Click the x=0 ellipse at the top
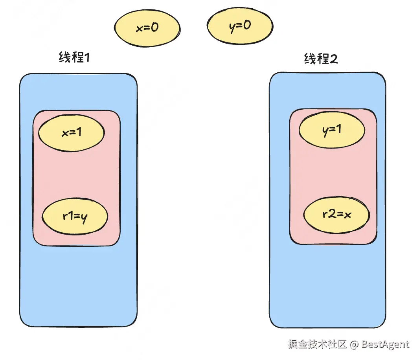point(147,28)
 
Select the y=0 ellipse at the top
point(240,26)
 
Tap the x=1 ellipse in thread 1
point(72,133)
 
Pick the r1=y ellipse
point(75,217)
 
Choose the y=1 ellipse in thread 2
point(332,130)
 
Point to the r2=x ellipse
point(337,215)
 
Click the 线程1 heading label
point(74,57)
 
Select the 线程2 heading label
point(321,59)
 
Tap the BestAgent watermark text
point(385,344)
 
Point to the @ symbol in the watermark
point(354,344)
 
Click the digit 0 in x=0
point(154,27)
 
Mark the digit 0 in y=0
point(247,25)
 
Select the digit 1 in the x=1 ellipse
point(79,132)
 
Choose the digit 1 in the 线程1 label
point(87,57)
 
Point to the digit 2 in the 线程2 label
point(334,59)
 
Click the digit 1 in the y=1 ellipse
point(338,129)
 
